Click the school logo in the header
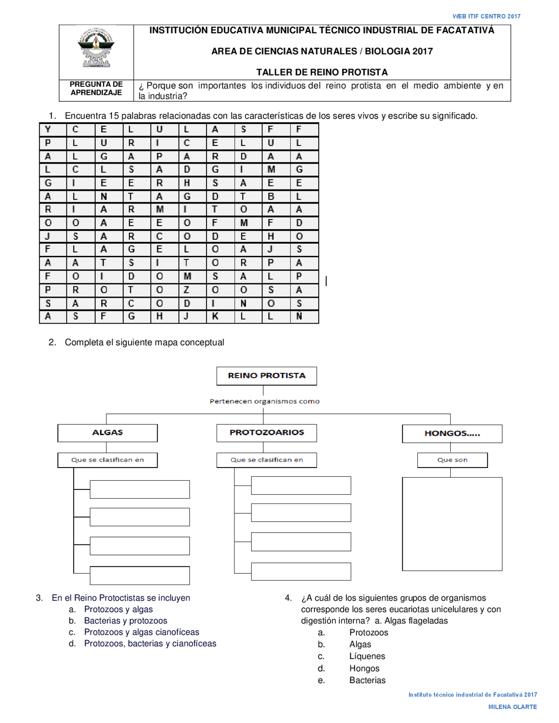pos(96,48)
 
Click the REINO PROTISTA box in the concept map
pos(266,376)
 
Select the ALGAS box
pos(107,433)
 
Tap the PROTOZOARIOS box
pos(266,433)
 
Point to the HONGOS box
pos(452,434)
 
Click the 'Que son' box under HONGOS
pos(452,460)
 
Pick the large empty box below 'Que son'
pos(452,524)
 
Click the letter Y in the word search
pos(48,129)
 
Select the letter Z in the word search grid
pos(186,290)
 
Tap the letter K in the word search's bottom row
pos(215,317)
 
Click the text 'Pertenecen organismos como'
pos(265,401)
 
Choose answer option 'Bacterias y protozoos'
pos(126,621)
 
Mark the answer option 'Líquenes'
pos(367,656)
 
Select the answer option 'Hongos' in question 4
pos(364,668)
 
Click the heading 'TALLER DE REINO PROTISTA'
pos(322,72)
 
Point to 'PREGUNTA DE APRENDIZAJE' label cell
pos(96,89)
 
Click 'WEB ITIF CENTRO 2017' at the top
pos(486,17)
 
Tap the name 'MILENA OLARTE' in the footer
pos(512,707)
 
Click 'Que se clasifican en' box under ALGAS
pos(107,460)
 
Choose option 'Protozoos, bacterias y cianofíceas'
pos(150,644)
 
